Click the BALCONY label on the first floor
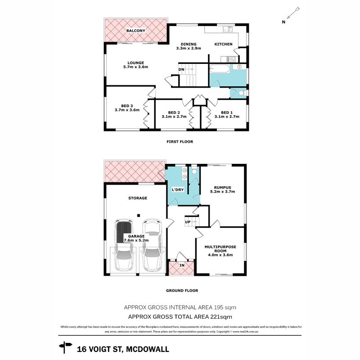(x=135, y=31)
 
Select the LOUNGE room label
(x=135, y=63)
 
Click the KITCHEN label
(x=223, y=44)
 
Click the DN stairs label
(x=181, y=70)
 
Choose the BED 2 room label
(x=174, y=112)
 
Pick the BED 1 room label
(x=227, y=112)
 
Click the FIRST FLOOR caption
(x=180, y=142)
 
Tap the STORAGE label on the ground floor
(x=138, y=198)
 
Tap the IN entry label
(x=182, y=266)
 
